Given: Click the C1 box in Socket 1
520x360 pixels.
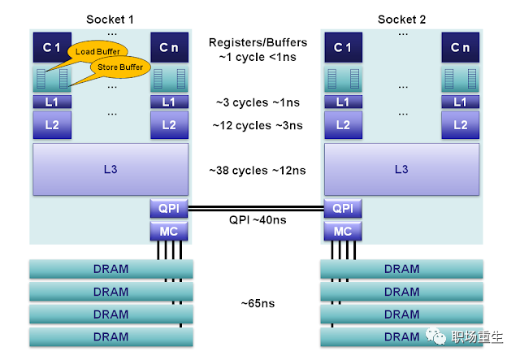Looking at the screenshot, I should click(x=52, y=48).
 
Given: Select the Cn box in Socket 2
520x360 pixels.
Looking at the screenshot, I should click(x=460, y=48).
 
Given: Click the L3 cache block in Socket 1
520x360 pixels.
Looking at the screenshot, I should click(x=110, y=169).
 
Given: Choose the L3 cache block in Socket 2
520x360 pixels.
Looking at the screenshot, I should click(x=401, y=169).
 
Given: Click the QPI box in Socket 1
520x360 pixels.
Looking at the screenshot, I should click(x=169, y=208).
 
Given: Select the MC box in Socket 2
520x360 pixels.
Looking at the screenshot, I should click(x=343, y=231).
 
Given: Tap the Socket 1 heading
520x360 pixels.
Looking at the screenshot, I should click(x=110, y=19).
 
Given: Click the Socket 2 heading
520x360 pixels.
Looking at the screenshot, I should click(x=401, y=19).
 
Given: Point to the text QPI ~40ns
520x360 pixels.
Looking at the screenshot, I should click(x=258, y=219).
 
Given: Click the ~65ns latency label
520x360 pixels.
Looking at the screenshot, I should click(x=257, y=303).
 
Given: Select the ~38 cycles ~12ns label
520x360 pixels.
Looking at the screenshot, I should click(x=258, y=170).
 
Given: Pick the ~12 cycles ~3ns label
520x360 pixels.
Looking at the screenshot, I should click(x=258, y=125).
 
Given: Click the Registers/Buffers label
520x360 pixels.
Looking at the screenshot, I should click(x=258, y=42).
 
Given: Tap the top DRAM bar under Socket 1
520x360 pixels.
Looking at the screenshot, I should click(x=110, y=269).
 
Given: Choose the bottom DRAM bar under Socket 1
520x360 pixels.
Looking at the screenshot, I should click(x=110, y=336).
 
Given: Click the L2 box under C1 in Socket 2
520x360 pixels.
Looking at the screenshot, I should click(x=343, y=124).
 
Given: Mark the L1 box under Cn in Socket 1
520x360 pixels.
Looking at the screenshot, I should click(x=169, y=102).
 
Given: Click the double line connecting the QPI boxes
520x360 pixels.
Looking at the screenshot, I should click(x=257, y=207).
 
